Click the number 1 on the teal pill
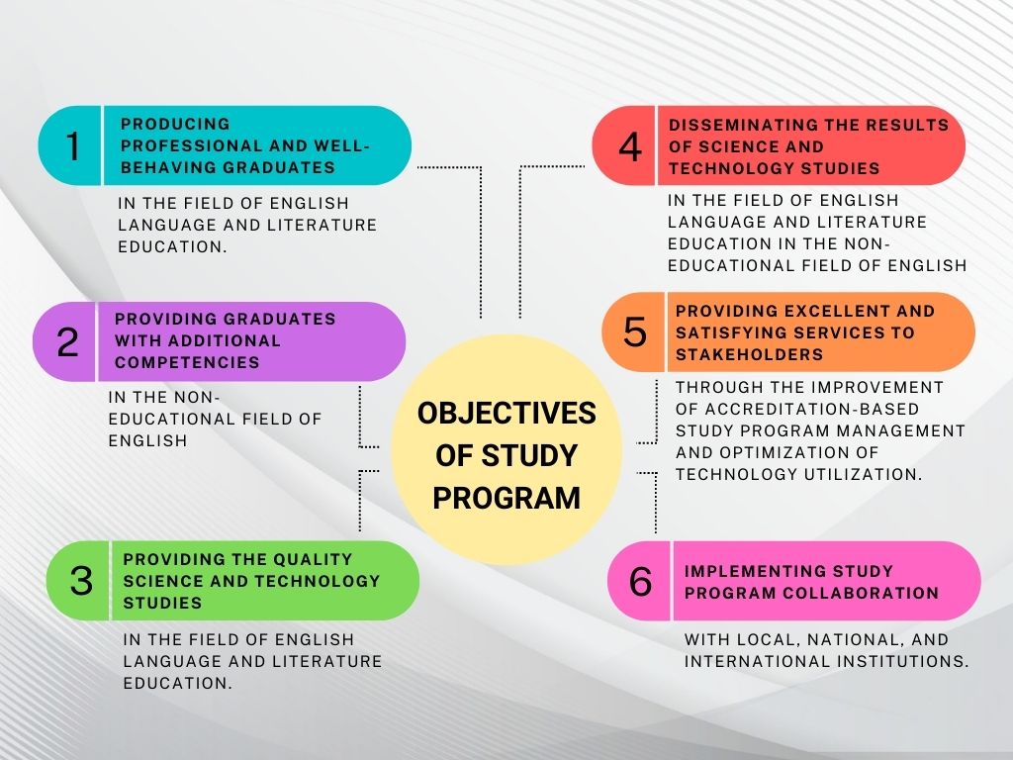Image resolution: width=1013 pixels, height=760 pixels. click(x=73, y=146)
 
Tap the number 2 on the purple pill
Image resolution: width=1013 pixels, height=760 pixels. click(x=67, y=341)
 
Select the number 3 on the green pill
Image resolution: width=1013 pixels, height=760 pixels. click(x=81, y=580)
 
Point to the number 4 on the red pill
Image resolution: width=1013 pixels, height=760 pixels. click(x=630, y=146)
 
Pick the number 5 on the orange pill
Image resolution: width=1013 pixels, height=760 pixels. click(x=634, y=332)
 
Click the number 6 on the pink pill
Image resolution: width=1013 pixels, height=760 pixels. click(x=640, y=581)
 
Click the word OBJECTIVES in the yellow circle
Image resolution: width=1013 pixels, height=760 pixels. click(x=506, y=414)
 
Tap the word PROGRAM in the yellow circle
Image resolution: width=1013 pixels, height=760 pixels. click(x=506, y=499)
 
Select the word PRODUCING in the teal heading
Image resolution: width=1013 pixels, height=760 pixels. click(x=175, y=124)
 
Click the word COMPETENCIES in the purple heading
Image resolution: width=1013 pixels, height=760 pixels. click(x=187, y=362)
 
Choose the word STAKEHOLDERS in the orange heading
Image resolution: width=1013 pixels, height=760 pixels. click(x=750, y=355)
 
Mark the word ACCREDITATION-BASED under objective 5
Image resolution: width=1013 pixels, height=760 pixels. click(x=812, y=409)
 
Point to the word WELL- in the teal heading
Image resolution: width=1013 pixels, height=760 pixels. click(x=341, y=146)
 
